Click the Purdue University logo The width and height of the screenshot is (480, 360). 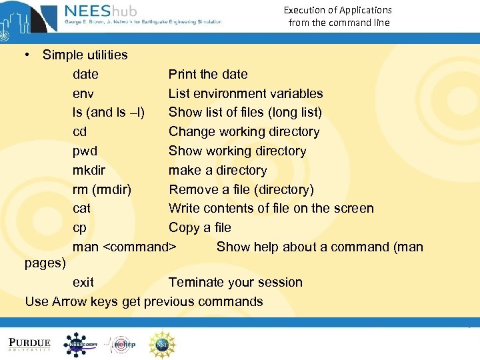(x=29, y=344)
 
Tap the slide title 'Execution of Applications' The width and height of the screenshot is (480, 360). (x=337, y=10)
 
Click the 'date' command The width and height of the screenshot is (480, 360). (x=85, y=74)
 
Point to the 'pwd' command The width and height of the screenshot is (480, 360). (x=85, y=151)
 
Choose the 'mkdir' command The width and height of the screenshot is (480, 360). (x=89, y=170)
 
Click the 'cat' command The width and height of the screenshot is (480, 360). (x=81, y=208)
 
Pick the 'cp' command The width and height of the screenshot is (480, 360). (x=80, y=227)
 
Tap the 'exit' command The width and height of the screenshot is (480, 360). (x=83, y=282)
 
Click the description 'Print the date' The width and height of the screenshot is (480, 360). (x=208, y=74)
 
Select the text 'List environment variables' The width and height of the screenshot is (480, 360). (x=245, y=93)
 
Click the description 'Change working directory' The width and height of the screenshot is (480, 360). (x=244, y=131)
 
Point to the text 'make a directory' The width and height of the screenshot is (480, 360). (x=217, y=170)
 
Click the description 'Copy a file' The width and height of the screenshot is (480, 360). (x=200, y=227)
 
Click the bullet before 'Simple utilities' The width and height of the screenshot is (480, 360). (x=28, y=55)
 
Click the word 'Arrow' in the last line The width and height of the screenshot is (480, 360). (x=70, y=301)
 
